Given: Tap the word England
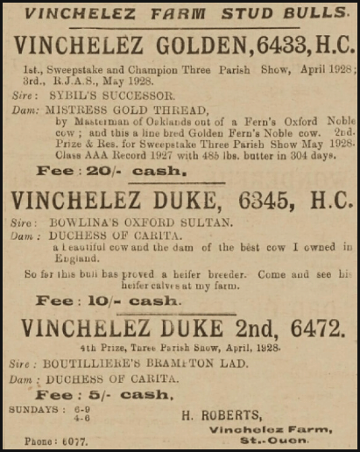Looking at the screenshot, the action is coord(74,259).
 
